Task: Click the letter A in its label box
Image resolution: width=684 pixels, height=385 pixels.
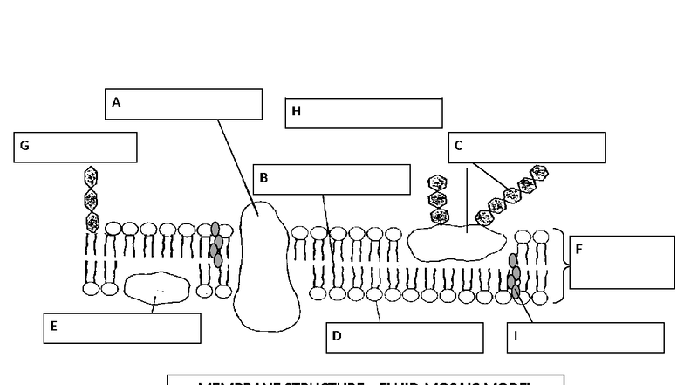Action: [116, 103]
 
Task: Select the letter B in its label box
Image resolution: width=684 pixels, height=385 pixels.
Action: [263, 179]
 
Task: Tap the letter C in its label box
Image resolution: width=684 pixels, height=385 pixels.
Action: [459, 147]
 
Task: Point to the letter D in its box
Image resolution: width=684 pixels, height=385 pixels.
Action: [337, 337]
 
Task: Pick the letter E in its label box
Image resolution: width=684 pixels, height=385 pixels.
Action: [53, 327]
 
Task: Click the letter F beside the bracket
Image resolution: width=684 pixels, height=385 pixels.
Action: [578, 250]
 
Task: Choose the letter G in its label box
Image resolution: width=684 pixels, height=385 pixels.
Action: [24, 147]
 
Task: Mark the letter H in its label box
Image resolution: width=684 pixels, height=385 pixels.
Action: [296, 112]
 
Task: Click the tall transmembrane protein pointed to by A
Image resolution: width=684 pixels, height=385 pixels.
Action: [267, 266]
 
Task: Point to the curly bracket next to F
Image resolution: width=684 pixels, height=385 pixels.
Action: [561, 266]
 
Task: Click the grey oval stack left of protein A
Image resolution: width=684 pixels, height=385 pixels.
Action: [215, 244]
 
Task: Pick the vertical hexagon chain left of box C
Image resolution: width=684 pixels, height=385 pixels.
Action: [438, 200]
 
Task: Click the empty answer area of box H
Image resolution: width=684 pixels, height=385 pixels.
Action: [375, 113]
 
